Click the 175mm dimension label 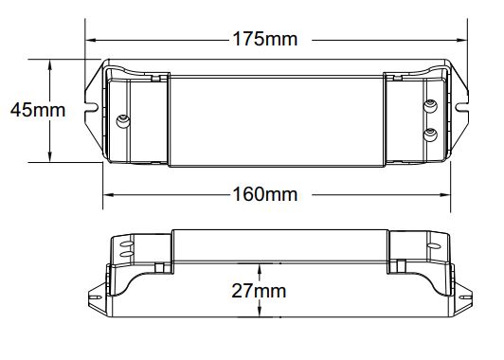(265, 39)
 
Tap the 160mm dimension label (265, 194)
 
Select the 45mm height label (38, 110)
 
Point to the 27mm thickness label (259, 291)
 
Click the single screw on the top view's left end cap (123, 121)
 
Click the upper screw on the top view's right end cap (430, 106)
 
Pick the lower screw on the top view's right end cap (430, 135)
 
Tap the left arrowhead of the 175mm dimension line (91, 41)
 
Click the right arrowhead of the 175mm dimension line (461, 41)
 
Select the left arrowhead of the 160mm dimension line (109, 195)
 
